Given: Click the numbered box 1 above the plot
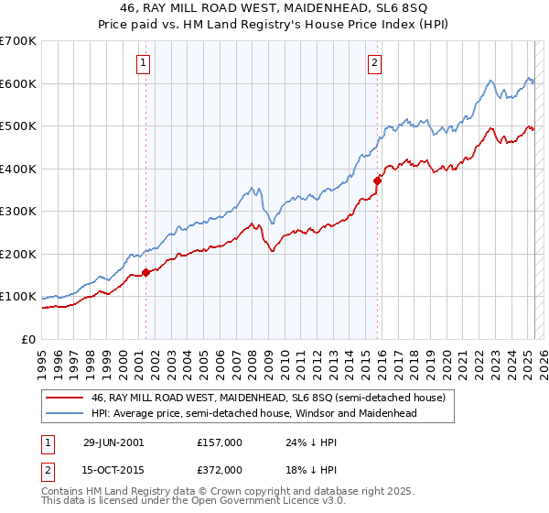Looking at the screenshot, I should (x=145, y=63).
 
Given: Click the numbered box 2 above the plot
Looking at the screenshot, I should (x=375, y=63).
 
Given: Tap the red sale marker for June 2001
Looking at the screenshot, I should (x=145, y=272).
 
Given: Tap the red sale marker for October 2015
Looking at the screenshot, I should (x=377, y=180).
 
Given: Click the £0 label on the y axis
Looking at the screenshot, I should (x=28, y=340).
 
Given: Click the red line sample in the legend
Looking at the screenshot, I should (x=65, y=398).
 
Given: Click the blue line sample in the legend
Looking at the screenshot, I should (x=65, y=413).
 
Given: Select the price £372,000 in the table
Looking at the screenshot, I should (x=220, y=470).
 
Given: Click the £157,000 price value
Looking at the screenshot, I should (x=220, y=442).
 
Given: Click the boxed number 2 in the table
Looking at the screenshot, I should (x=48, y=470).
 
